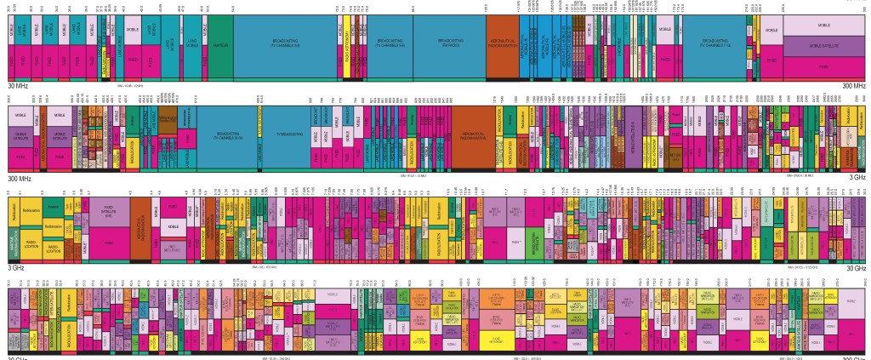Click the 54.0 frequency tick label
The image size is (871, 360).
pos(233,7)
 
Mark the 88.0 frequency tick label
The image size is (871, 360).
pos(413,7)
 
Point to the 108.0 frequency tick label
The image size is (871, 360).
pos(486,7)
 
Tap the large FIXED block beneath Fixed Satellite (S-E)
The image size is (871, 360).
pos(108,243)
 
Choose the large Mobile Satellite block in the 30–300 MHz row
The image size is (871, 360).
pos(823,46)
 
